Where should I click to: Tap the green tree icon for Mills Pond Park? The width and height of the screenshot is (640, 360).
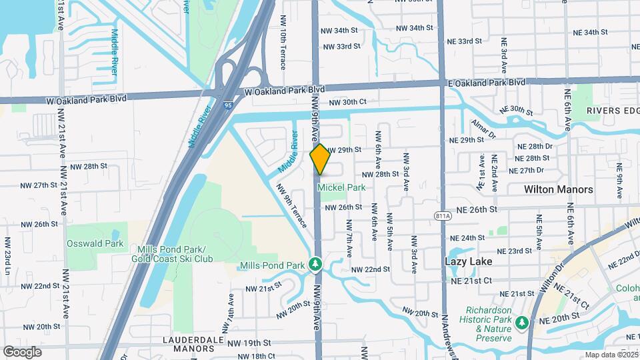tap(316, 265)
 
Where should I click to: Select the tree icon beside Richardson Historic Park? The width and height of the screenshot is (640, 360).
tap(521, 323)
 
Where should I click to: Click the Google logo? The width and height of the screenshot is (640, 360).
tap(22, 351)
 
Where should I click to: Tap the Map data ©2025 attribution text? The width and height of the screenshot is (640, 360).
tap(611, 355)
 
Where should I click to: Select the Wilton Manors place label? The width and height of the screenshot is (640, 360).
tap(558, 189)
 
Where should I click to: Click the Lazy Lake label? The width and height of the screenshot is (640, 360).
tap(469, 262)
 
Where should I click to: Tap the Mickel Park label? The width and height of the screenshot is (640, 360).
tap(341, 188)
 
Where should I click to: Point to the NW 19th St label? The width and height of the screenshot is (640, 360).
tap(249, 343)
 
